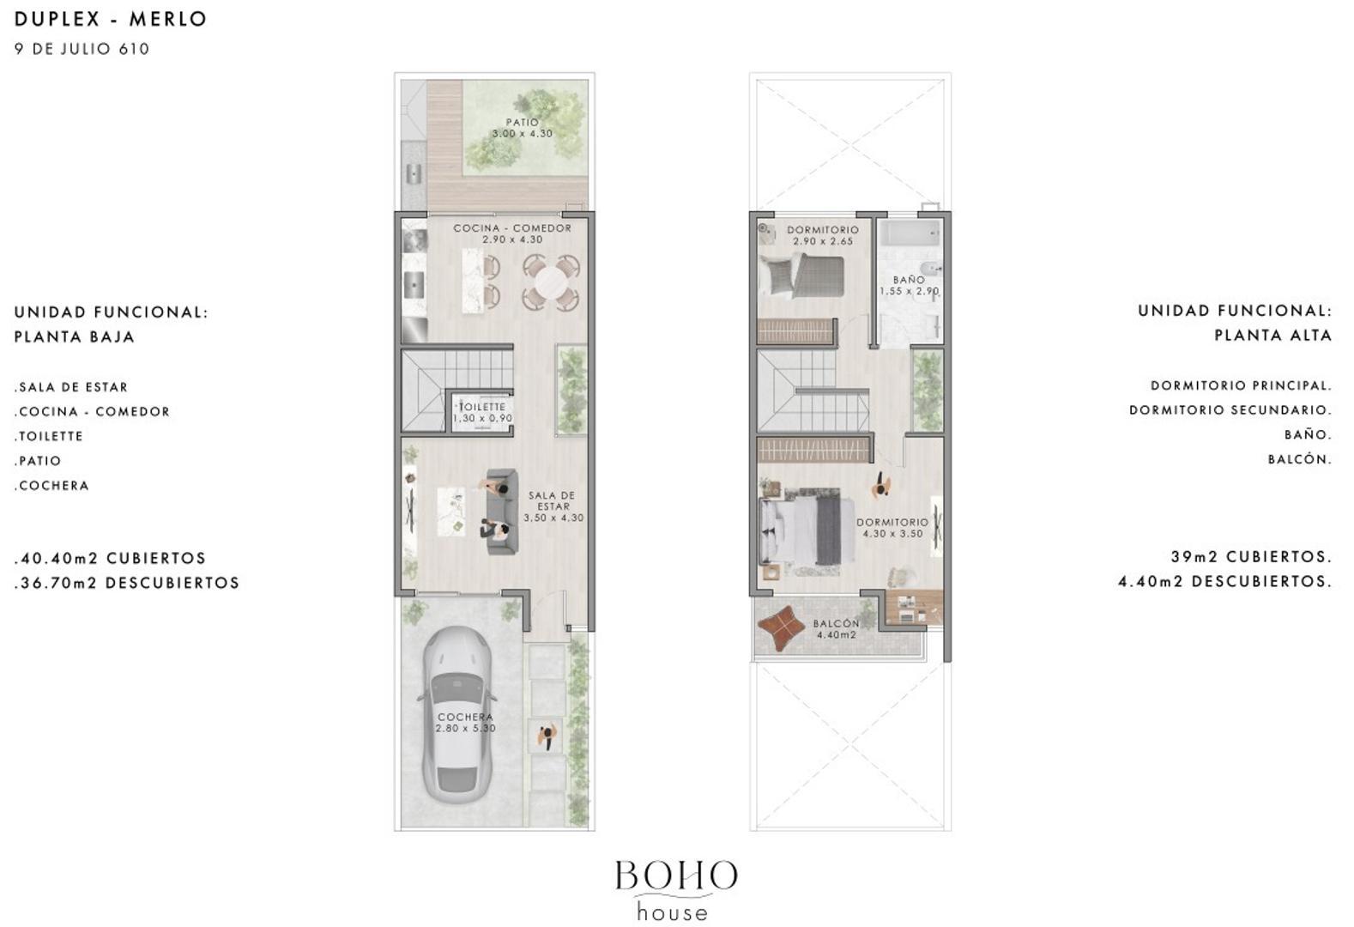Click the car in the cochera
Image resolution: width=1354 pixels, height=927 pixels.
click(x=455, y=714)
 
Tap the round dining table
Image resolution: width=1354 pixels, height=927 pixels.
click(x=551, y=282)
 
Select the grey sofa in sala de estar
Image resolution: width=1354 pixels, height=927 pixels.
click(x=501, y=511)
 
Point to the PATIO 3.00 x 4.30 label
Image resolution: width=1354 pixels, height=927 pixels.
click(x=522, y=128)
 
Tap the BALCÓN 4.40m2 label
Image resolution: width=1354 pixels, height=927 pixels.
click(x=837, y=629)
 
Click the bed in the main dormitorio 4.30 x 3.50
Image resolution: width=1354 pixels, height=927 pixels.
click(x=802, y=531)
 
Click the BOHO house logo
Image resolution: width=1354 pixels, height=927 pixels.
click(x=675, y=890)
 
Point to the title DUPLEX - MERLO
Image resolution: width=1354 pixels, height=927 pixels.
click(x=111, y=19)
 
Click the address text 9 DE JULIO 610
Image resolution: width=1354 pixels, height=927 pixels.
click(x=82, y=49)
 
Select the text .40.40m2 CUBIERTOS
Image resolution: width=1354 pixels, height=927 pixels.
click(x=111, y=558)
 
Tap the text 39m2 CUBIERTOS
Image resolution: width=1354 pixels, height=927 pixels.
click(x=1251, y=557)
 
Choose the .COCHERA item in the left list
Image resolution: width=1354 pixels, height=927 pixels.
click(x=51, y=486)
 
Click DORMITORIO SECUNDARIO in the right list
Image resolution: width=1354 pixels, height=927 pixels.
click(x=1230, y=410)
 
